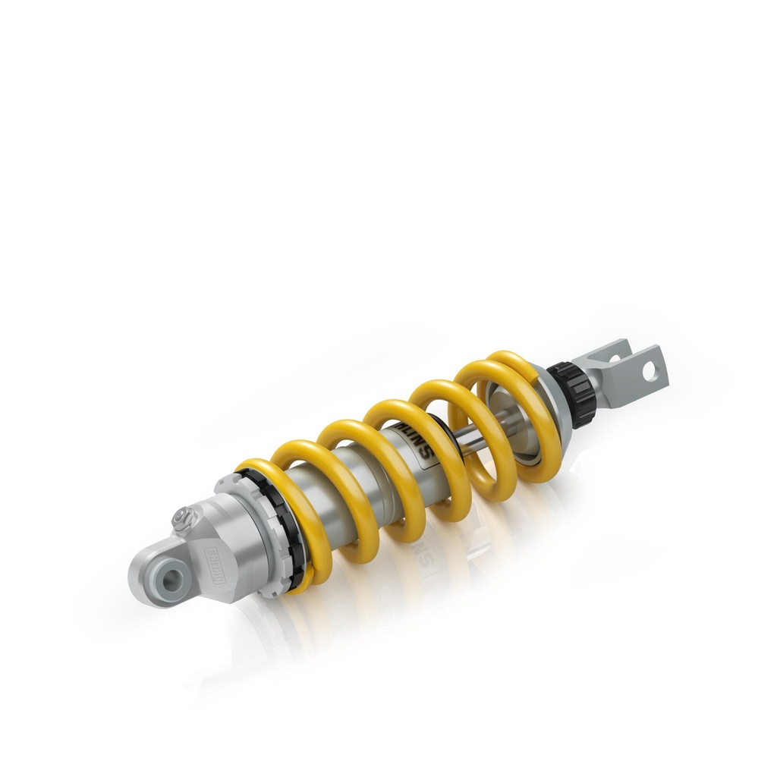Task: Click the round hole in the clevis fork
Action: (x=649, y=371)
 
